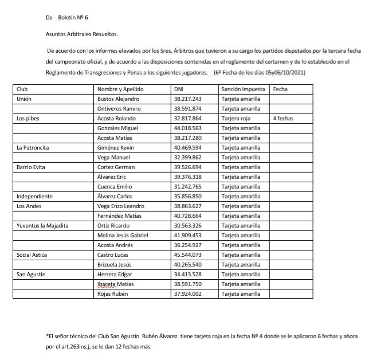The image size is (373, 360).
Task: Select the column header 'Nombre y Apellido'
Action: [x=121, y=89]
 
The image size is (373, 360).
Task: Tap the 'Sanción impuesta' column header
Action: [x=243, y=89]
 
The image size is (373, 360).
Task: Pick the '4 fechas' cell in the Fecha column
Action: [x=284, y=118]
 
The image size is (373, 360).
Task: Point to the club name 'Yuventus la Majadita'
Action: [x=44, y=225]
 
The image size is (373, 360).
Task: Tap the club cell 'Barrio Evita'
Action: [x=31, y=167]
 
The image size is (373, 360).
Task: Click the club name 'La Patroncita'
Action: [x=33, y=147]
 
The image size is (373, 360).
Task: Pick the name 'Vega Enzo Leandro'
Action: [x=122, y=206]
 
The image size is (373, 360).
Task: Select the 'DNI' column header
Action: [x=179, y=89]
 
